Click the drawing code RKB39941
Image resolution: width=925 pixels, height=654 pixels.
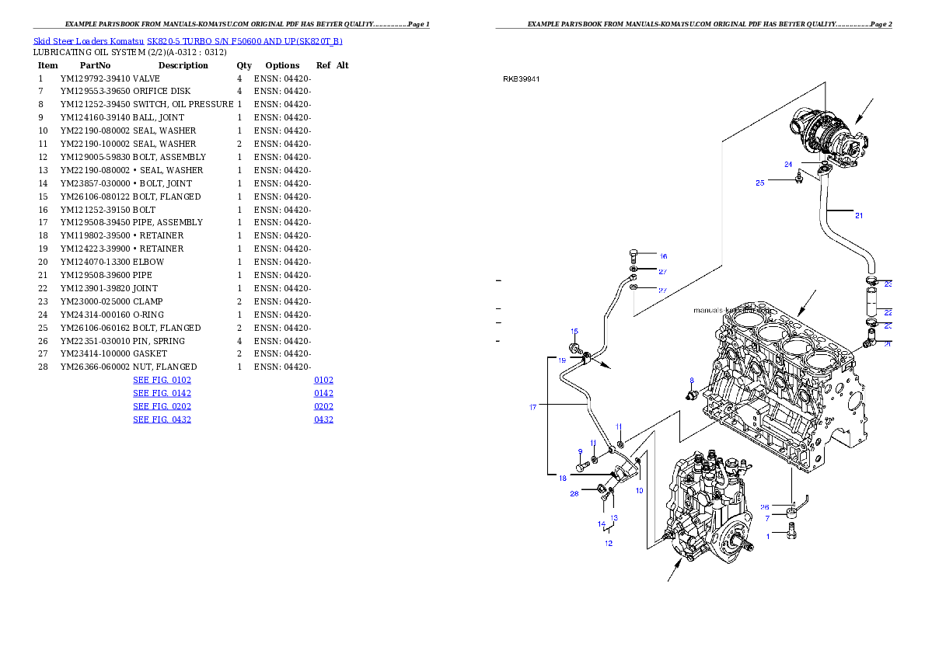522,78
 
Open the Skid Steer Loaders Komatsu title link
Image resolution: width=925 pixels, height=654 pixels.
187,41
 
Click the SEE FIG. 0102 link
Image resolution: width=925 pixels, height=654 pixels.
162,381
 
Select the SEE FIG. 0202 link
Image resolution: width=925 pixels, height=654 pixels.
162,406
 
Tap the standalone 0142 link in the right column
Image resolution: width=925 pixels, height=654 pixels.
323,394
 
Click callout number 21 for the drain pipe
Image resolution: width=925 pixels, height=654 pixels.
858,216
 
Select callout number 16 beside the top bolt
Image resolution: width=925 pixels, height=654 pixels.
663,256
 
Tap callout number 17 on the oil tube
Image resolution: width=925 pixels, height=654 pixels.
533,407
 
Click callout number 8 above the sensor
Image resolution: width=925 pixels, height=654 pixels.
690,381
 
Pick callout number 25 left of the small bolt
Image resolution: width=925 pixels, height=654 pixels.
760,183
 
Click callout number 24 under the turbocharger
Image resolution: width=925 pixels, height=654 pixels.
787,165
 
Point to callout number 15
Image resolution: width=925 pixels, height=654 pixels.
574,332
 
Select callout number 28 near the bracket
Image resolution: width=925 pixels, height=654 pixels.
574,493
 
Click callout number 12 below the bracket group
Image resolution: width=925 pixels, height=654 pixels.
609,543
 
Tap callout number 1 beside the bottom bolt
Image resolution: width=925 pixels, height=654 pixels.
768,536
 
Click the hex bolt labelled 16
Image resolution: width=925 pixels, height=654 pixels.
634,254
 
